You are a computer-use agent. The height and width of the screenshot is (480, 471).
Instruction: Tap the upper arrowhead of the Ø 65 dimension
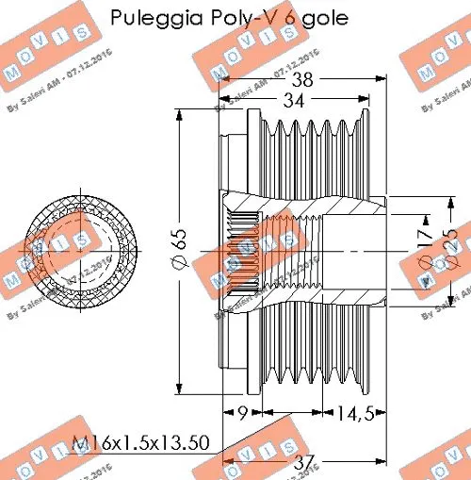pos(179,113)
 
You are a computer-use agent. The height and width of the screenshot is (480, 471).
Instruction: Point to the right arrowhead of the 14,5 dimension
pos(385,413)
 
